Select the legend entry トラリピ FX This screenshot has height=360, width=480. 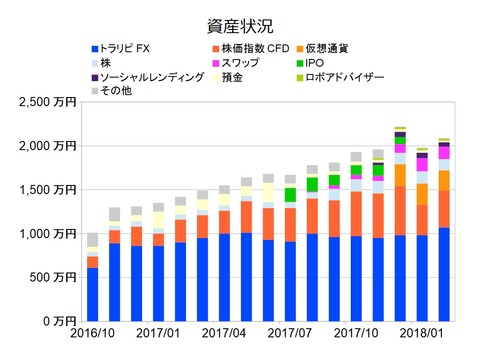coord(131,48)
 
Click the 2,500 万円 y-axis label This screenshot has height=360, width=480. coord(47,102)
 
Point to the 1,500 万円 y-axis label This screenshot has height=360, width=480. coord(47,190)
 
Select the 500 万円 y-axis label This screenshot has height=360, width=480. coord(53,277)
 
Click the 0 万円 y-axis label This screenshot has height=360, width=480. coord(59,321)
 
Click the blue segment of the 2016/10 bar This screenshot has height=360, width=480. coord(93,295)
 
